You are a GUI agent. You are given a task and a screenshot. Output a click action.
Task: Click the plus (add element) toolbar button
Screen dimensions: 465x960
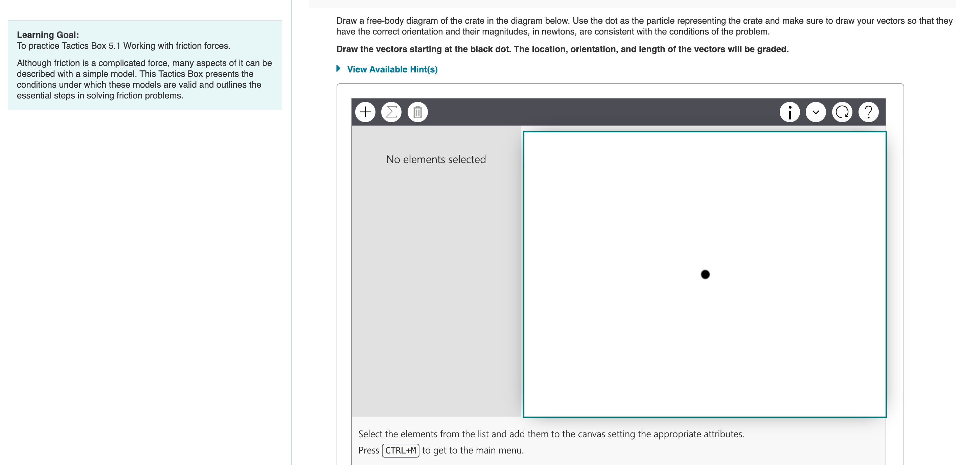(x=365, y=112)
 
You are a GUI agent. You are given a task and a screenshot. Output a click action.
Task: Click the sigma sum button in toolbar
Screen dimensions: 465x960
(x=391, y=112)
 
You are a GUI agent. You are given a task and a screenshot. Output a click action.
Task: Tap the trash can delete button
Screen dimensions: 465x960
(x=417, y=112)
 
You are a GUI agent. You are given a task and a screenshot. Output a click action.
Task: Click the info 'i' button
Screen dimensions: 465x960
(x=790, y=112)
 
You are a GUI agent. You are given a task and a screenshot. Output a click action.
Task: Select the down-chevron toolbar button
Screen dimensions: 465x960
(x=816, y=112)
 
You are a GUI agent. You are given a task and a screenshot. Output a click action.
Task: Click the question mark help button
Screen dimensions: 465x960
(x=868, y=112)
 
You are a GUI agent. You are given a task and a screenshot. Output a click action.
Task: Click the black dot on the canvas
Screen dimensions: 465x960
(x=705, y=274)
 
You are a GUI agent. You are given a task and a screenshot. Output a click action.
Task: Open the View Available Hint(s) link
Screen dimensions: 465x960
(x=392, y=69)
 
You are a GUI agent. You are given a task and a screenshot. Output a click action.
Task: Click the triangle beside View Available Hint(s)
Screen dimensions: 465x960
(x=338, y=69)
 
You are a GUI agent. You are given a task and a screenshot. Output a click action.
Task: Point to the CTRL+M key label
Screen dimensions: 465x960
(x=401, y=450)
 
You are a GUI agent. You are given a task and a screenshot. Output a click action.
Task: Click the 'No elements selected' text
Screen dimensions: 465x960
(x=436, y=160)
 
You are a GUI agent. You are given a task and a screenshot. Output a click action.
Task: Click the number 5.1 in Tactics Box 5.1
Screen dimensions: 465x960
(x=114, y=46)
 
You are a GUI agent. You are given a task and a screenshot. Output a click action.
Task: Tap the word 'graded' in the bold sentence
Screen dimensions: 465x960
(x=772, y=49)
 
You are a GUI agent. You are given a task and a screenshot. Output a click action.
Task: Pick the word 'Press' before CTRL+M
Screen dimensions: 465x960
(x=369, y=450)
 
